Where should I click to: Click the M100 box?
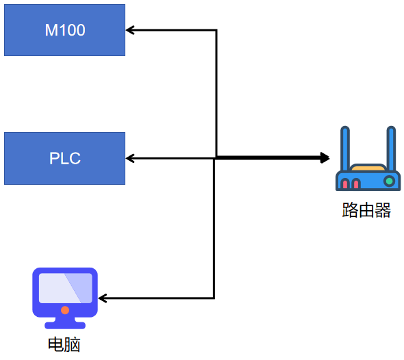click(64, 30)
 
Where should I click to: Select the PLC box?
click(64, 158)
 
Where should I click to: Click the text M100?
click(65, 30)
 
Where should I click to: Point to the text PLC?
click(65, 158)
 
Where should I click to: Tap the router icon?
click(368, 158)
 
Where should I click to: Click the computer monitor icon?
click(65, 298)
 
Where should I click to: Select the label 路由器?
click(366, 210)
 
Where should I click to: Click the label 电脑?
click(64, 344)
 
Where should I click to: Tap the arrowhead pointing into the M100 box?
click(130, 30)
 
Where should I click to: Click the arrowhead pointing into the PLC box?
click(130, 158)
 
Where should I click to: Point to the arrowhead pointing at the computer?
click(103, 298)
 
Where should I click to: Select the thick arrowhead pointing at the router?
click(325, 157)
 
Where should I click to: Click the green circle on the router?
click(390, 181)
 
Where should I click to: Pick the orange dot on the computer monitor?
click(65, 310)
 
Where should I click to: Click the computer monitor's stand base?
click(65, 325)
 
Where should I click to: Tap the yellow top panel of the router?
click(368, 168)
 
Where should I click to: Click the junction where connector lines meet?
click(216, 158)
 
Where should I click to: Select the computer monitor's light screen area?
click(66, 288)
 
